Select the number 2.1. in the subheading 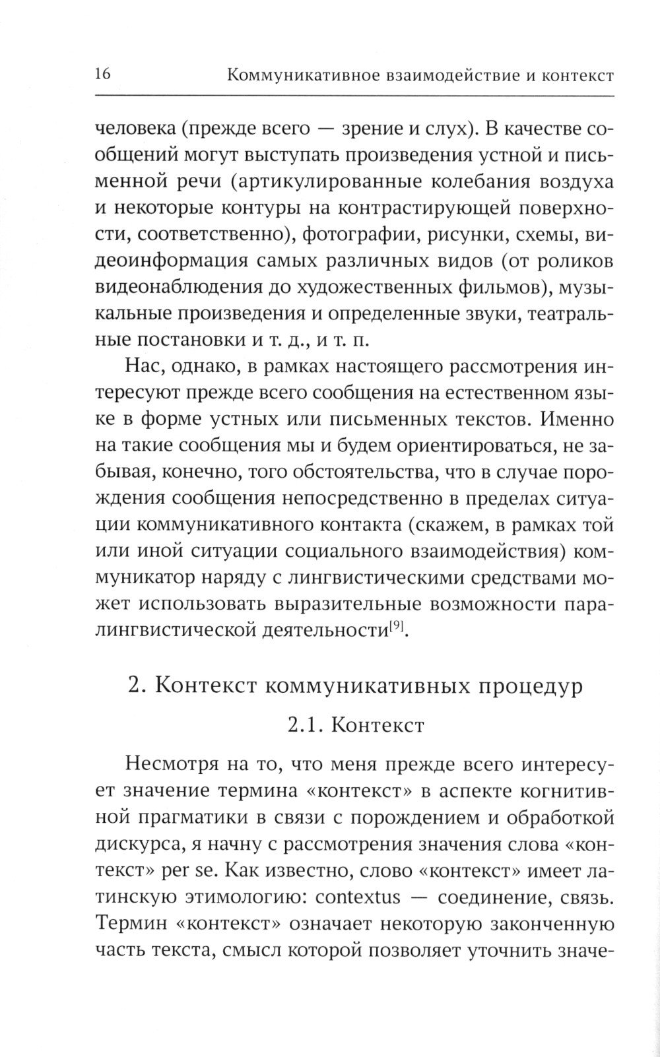coord(306,725)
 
